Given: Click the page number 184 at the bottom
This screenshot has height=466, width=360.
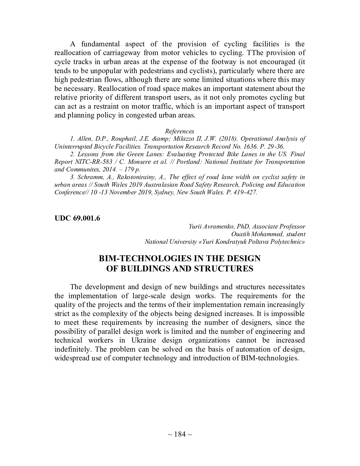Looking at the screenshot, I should [180, 434].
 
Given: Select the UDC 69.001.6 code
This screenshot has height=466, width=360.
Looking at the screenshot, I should [77, 218].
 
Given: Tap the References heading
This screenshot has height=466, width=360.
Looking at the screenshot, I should [180, 131].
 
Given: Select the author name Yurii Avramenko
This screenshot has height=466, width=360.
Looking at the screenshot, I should [208, 227].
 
